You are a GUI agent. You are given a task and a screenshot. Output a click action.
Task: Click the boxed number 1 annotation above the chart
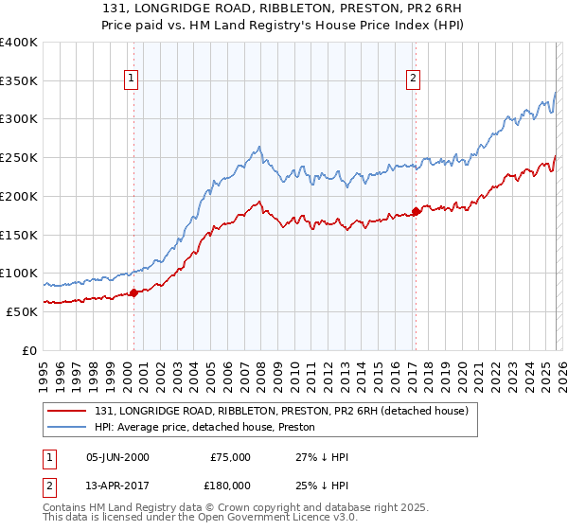pyautogui.click(x=131, y=79)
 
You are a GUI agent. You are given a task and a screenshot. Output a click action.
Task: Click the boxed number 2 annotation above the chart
pyautogui.click(x=414, y=79)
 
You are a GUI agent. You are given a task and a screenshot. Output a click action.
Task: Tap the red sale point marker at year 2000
pyautogui.click(x=133, y=292)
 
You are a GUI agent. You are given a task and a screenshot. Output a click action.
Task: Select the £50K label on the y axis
pyautogui.click(x=22, y=311)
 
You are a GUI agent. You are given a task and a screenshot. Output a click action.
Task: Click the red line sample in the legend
pyautogui.click(x=68, y=410)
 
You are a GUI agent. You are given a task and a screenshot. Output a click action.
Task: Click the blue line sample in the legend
pyautogui.click(x=68, y=427)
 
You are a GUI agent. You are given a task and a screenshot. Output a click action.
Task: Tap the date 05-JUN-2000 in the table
pyautogui.click(x=117, y=457)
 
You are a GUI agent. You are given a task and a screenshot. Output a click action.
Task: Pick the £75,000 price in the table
pyautogui.click(x=228, y=457)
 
